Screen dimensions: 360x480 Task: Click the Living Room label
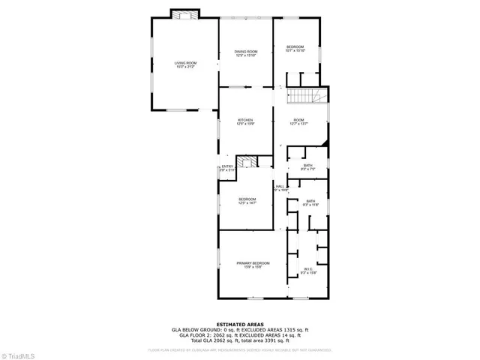(x=185, y=62)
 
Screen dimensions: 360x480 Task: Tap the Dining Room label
(x=246, y=51)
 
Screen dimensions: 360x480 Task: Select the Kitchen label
(x=245, y=120)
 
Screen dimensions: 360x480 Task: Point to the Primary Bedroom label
(x=253, y=262)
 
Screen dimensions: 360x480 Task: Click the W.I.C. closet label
(x=308, y=269)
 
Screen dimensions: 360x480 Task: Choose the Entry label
(x=227, y=166)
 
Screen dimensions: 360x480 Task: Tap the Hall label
(x=280, y=186)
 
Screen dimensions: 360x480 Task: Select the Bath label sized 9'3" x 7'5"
(x=308, y=165)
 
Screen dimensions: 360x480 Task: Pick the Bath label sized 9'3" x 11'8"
(x=308, y=199)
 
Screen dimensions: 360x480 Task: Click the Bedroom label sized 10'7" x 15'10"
(x=295, y=47)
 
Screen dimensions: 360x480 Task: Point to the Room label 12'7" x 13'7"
(x=298, y=120)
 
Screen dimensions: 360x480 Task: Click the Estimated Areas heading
(x=239, y=324)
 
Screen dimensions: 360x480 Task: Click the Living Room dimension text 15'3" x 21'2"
(x=185, y=67)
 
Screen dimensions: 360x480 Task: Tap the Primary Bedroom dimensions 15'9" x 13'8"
(x=253, y=267)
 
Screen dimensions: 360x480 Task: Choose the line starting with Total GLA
(x=239, y=340)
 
